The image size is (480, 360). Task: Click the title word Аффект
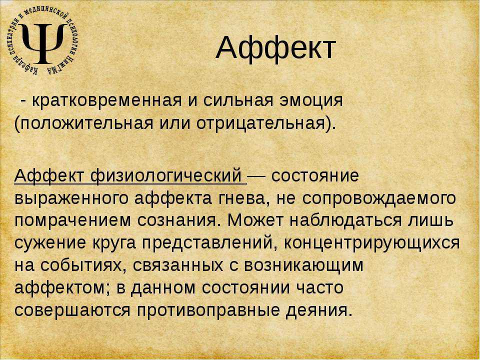[276, 48]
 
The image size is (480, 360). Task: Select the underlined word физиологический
[166, 176]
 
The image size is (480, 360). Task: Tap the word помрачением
[72, 221]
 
